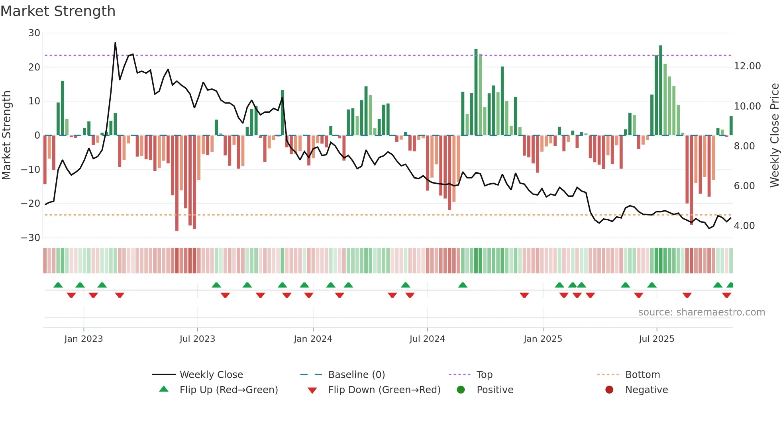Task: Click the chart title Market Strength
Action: (x=58, y=11)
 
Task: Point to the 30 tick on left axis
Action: (x=34, y=33)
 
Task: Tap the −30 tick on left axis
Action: (x=31, y=238)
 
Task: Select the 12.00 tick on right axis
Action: (x=747, y=66)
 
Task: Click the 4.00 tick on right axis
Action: (x=744, y=226)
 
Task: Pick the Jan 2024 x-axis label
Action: (x=313, y=339)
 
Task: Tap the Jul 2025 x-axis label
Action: (x=656, y=339)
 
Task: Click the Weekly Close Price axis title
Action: (x=774, y=135)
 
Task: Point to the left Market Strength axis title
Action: (x=7, y=135)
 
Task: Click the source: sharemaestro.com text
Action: (x=701, y=312)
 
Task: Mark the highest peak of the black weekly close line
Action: (x=115, y=43)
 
